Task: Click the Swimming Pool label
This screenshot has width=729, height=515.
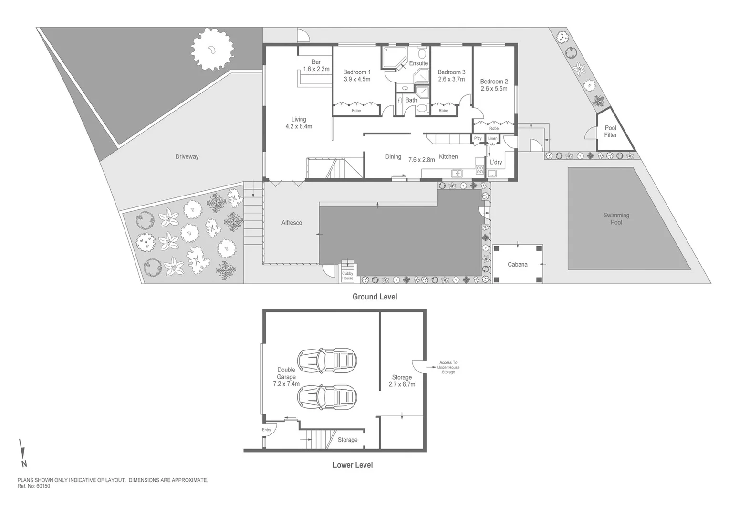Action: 616,219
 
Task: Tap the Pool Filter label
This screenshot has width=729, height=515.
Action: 610,132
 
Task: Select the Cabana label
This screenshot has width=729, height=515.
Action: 517,264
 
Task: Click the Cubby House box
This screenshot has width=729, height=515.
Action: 347,276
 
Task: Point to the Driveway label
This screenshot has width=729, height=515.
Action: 187,157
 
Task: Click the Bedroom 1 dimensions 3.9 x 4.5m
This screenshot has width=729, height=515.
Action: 357,80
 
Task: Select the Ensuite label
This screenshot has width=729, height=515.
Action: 418,63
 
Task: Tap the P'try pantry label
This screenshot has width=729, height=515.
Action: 478,139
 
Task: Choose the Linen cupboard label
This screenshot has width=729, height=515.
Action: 492,139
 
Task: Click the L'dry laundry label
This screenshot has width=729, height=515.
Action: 496,162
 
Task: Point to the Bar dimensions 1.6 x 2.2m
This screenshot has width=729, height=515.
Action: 316,69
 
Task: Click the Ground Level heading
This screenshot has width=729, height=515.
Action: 375,297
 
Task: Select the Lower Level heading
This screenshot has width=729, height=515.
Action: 353,465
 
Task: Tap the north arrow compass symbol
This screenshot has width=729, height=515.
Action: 22,453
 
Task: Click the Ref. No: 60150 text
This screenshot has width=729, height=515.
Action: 33,487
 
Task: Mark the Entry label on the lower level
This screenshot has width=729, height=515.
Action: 266,430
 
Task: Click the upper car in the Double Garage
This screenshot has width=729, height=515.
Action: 327,360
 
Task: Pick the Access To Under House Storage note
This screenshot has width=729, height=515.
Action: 448,367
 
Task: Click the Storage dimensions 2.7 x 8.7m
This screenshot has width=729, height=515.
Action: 402,384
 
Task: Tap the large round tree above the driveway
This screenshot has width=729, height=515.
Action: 212,49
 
